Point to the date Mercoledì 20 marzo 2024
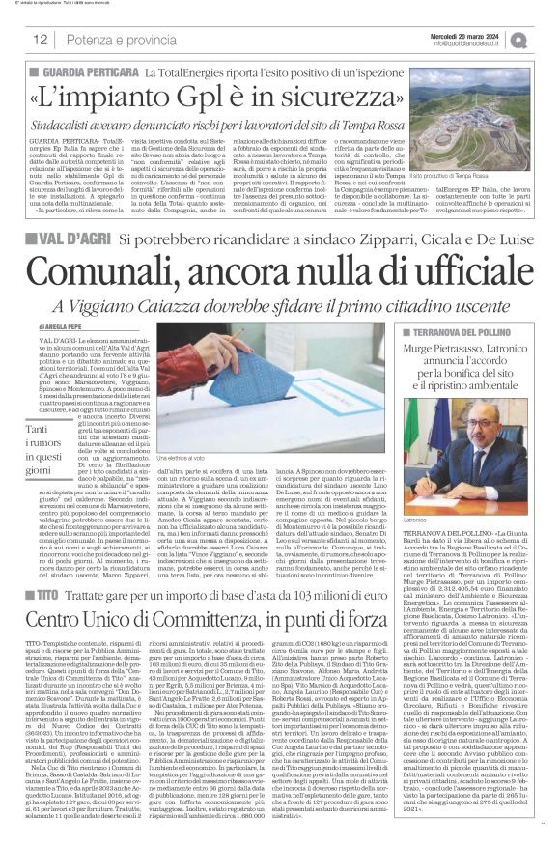pyautogui.click(x=467, y=34)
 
